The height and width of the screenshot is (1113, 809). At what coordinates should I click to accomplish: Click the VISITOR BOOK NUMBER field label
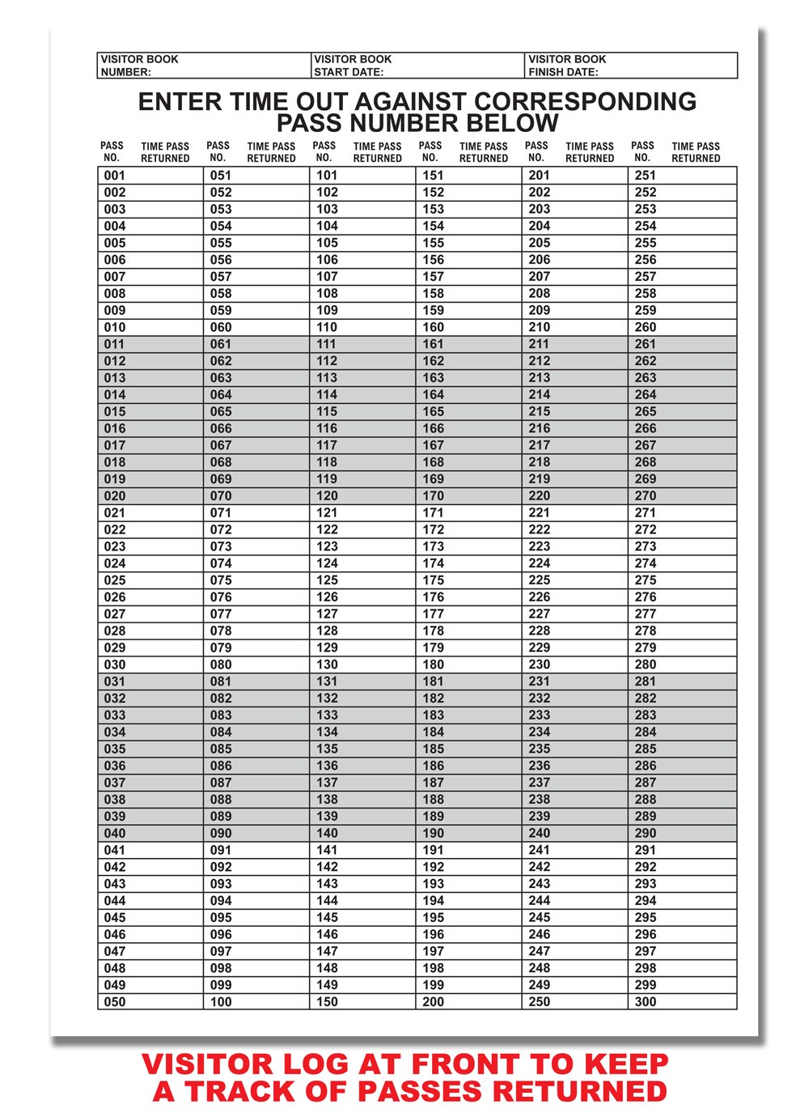(x=139, y=66)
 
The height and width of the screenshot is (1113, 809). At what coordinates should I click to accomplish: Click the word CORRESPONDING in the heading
(x=585, y=102)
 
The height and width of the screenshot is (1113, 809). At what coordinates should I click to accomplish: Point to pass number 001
(x=115, y=176)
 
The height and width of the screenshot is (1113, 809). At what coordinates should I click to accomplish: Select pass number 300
(x=646, y=1002)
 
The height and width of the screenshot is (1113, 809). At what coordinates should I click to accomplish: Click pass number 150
(x=327, y=1002)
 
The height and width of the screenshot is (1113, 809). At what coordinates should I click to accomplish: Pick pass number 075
(x=221, y=580)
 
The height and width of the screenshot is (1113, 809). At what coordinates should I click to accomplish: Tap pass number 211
(x=539, y=344)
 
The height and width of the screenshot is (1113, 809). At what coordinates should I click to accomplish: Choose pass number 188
(x=433, y=800)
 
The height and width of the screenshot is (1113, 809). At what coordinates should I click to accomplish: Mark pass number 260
(x=646, y=327)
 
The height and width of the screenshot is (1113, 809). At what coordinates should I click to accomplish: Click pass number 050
(x=115, y=1002)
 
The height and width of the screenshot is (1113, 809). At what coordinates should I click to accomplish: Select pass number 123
(x=327, y=546)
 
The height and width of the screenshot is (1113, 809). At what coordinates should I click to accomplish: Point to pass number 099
(x=221, y=985)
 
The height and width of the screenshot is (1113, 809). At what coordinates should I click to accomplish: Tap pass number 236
(x=539, y=766)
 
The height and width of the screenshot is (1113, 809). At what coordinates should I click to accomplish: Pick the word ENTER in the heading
(x=180, y=102)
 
